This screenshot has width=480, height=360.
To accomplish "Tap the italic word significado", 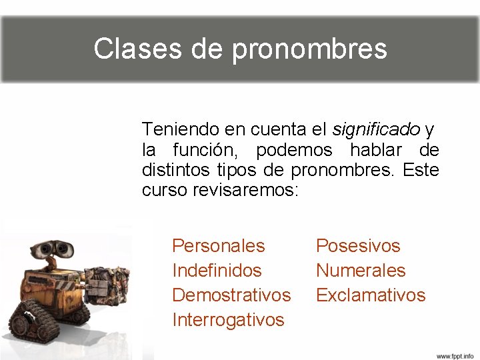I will [x=376, y=128].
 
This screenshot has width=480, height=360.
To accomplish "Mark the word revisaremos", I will [x=246, y=190].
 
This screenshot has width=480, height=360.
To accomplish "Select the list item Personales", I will [x=219, y=246].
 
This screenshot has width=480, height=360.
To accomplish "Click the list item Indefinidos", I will [x=217, y=271].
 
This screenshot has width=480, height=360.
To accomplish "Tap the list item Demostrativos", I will [x=231, y=295].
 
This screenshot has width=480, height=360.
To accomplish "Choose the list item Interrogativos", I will [x=228, y=319].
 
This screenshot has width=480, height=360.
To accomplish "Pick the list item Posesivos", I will [x=358, y=246].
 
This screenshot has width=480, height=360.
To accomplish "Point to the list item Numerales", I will [x=361, y=271].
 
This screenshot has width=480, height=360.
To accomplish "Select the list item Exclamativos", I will [x=371, y=295].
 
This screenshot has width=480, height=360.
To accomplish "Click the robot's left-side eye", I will [x=43, y=247].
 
